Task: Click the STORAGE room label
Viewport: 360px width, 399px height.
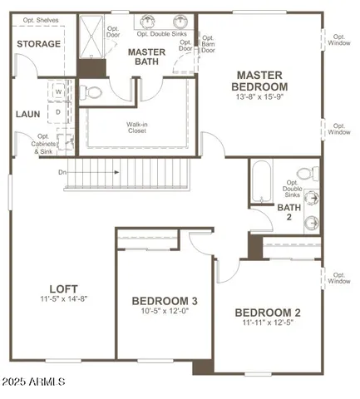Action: pos(39,43)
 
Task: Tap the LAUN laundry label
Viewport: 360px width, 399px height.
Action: pos(27,114)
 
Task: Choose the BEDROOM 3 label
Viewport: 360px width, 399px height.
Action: pos(165,300)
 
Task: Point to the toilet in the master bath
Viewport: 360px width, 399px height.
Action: pos(93,91)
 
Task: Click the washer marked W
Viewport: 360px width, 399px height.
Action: pos(59,92)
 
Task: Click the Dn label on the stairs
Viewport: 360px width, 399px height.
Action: pos(62,173)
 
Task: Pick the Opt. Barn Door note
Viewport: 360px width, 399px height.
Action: pos(208,45)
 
